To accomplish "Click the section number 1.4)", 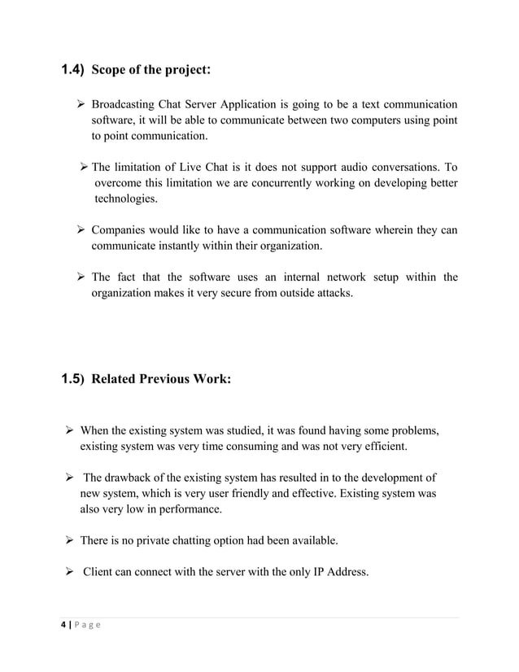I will click(x=73, y=70).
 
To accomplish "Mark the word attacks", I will click(x=334, y=293).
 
